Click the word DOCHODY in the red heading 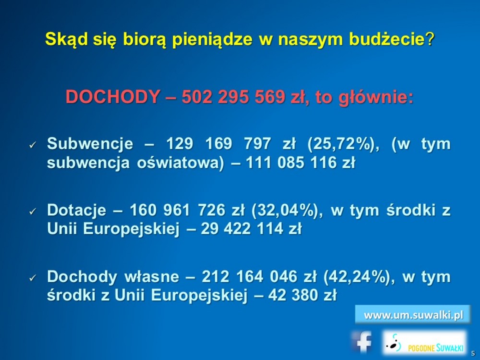113,97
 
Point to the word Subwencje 90,144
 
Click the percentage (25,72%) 343,144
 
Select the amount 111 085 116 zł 300,163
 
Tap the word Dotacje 76,210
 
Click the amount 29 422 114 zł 251,228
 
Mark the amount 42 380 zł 302,295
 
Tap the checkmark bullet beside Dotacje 33,211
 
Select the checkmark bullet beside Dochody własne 33,278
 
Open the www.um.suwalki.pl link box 413,314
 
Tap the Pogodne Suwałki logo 425,343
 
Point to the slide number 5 473,353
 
